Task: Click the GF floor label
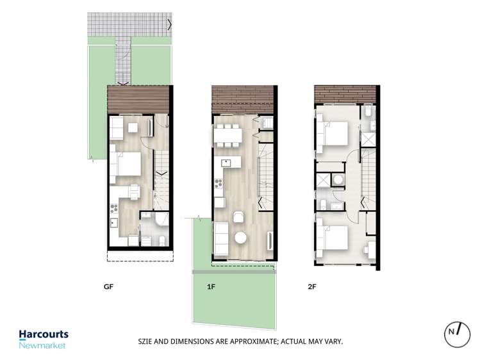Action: click(x=108, y=287)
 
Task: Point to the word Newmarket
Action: click(x=42, y=345)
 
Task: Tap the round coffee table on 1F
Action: click(x=240, y=238)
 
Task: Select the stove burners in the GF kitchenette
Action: click(x=115, y=206)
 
